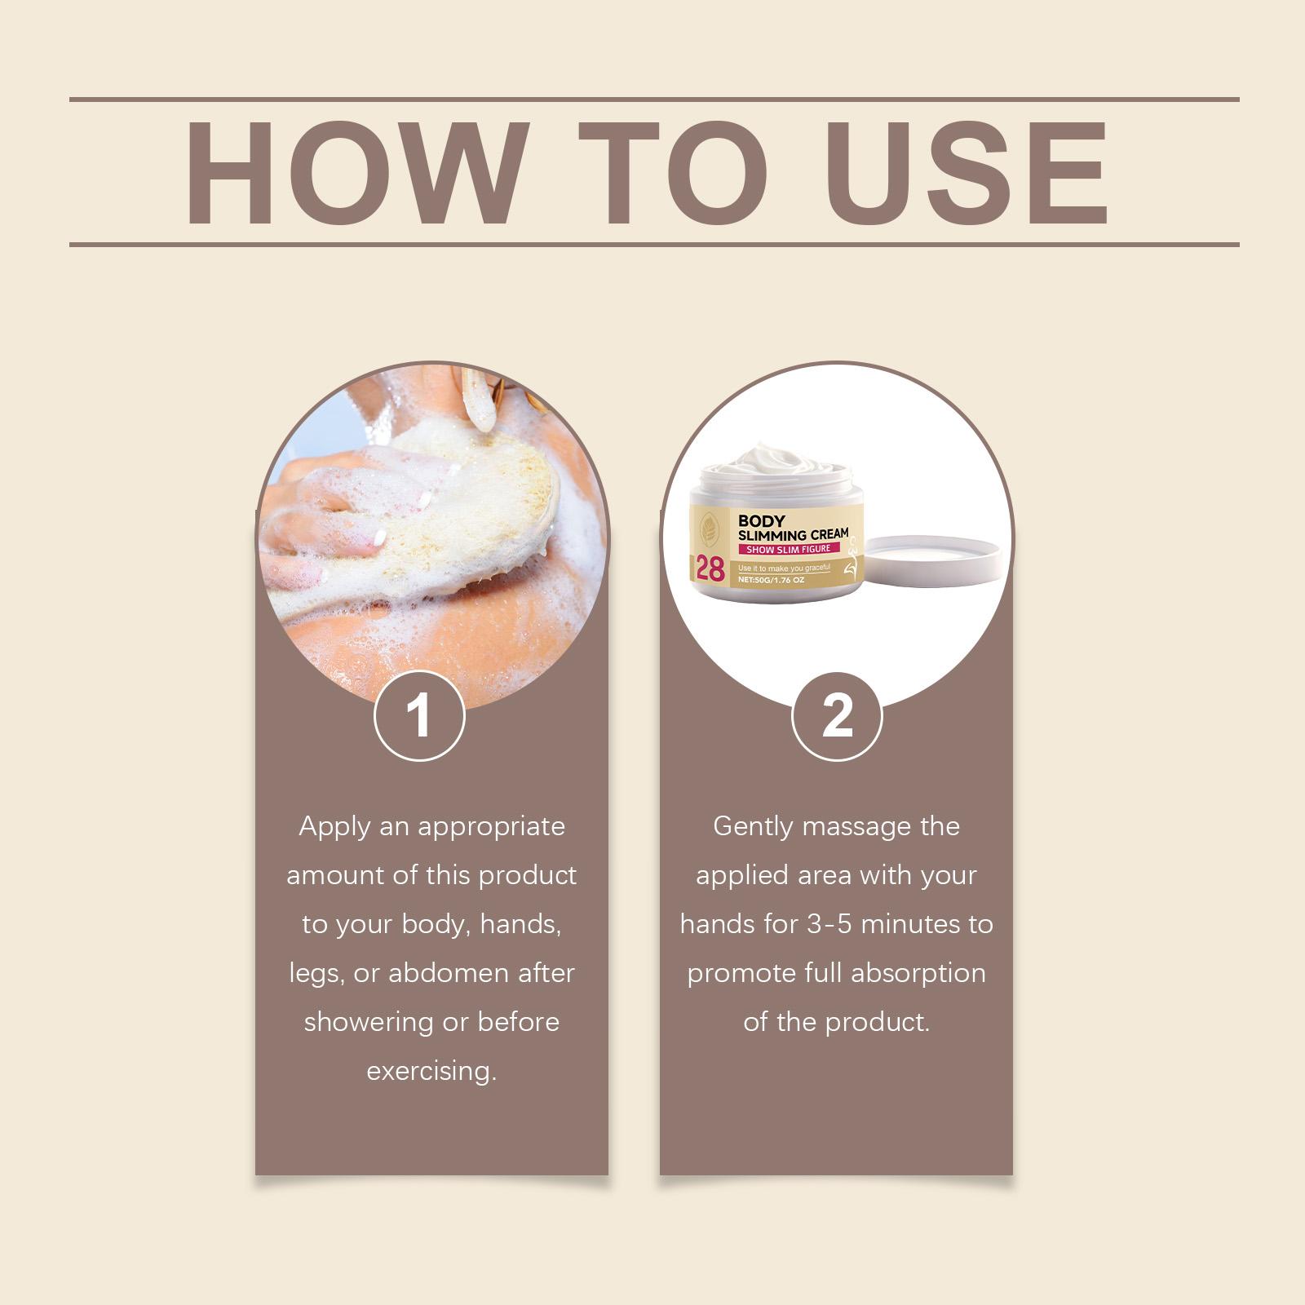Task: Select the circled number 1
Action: pos(419,716)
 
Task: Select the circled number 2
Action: pos(837,716)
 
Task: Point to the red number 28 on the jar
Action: pos(710,568)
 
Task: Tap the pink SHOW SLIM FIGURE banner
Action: pos(788,549)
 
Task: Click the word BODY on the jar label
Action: pos(761,520)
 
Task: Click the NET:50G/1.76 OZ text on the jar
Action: pos(771,580)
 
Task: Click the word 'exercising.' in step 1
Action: pos(431,1071)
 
